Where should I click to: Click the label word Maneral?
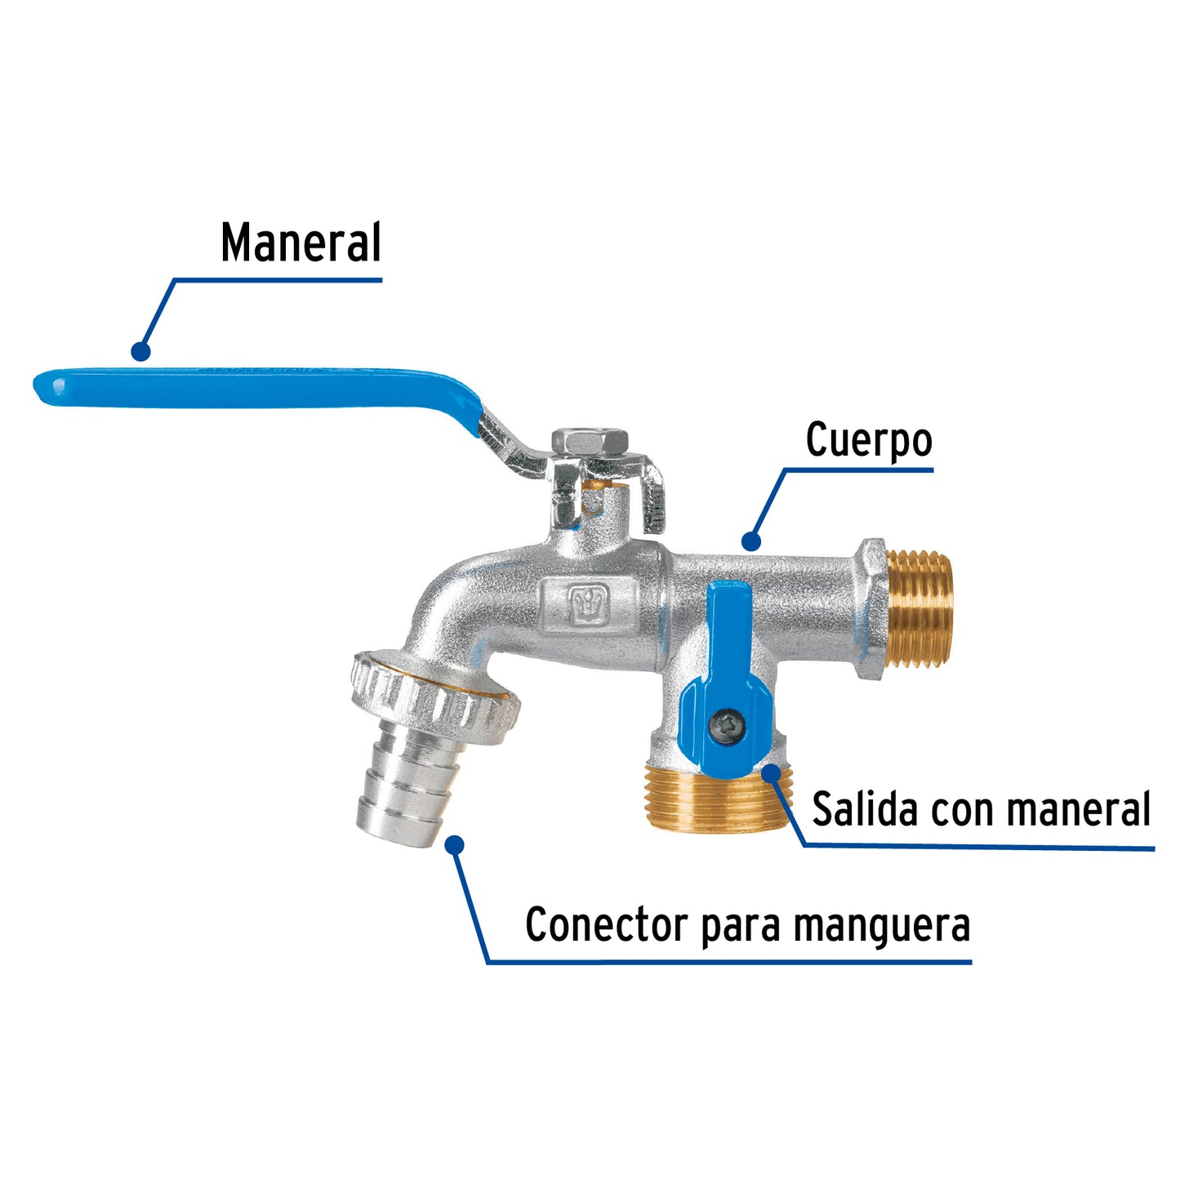tap(301, 243)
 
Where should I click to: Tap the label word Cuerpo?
tap(868, 441)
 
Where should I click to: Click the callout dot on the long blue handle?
tap(140, 352)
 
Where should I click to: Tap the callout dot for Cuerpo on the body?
tap(751, 541)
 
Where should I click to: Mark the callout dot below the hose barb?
tap(455, 844)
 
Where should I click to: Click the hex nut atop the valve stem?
tap(590, 442)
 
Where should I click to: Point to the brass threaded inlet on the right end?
tap(920, 608)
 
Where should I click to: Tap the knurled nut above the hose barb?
tap(433, 690)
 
